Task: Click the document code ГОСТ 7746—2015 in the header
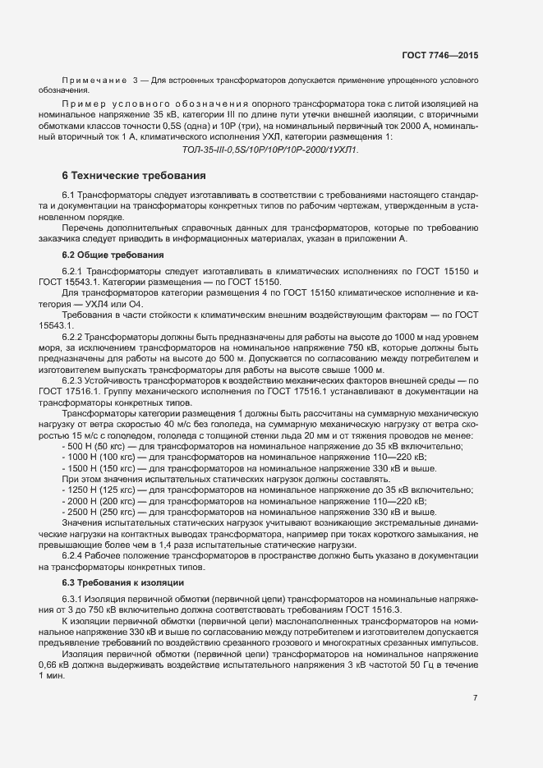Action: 439,55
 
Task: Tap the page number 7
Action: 475,697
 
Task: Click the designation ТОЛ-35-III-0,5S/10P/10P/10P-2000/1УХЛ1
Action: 269,149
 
